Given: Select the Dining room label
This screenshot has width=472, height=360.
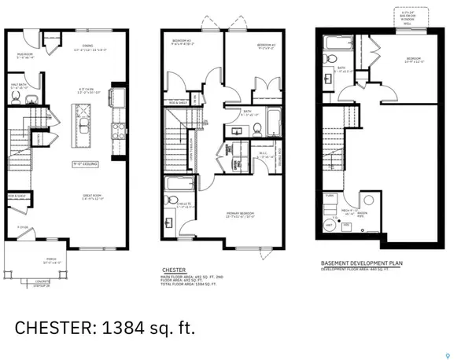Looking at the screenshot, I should pyautogui.click(x=88, y=49).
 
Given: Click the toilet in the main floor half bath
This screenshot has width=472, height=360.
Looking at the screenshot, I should pyautogui.click(x=31, y=99).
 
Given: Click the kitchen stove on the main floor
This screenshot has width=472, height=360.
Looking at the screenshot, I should pyautogui.click(x=120, y=130).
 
